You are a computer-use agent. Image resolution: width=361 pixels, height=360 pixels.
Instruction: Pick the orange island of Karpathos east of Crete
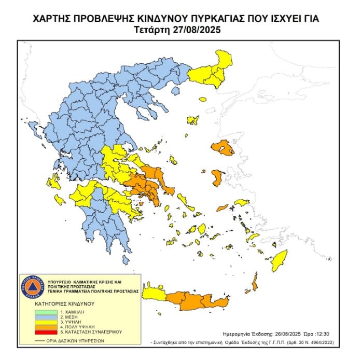click(x=255, y=283)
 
